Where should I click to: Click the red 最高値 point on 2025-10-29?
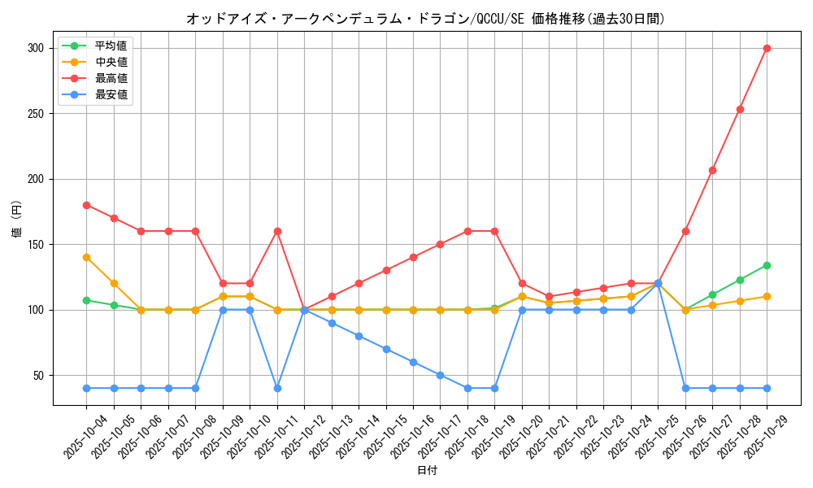767,48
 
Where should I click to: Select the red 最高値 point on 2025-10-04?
86,205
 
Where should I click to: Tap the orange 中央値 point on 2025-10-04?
86,257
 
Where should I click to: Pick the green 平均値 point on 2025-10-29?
767,265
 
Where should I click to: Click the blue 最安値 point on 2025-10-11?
277,388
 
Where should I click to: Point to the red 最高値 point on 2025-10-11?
277,231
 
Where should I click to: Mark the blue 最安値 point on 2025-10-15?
386,349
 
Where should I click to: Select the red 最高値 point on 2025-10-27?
712,170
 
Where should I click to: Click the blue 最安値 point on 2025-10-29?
767,388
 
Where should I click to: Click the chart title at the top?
425,19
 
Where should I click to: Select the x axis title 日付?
427,471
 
